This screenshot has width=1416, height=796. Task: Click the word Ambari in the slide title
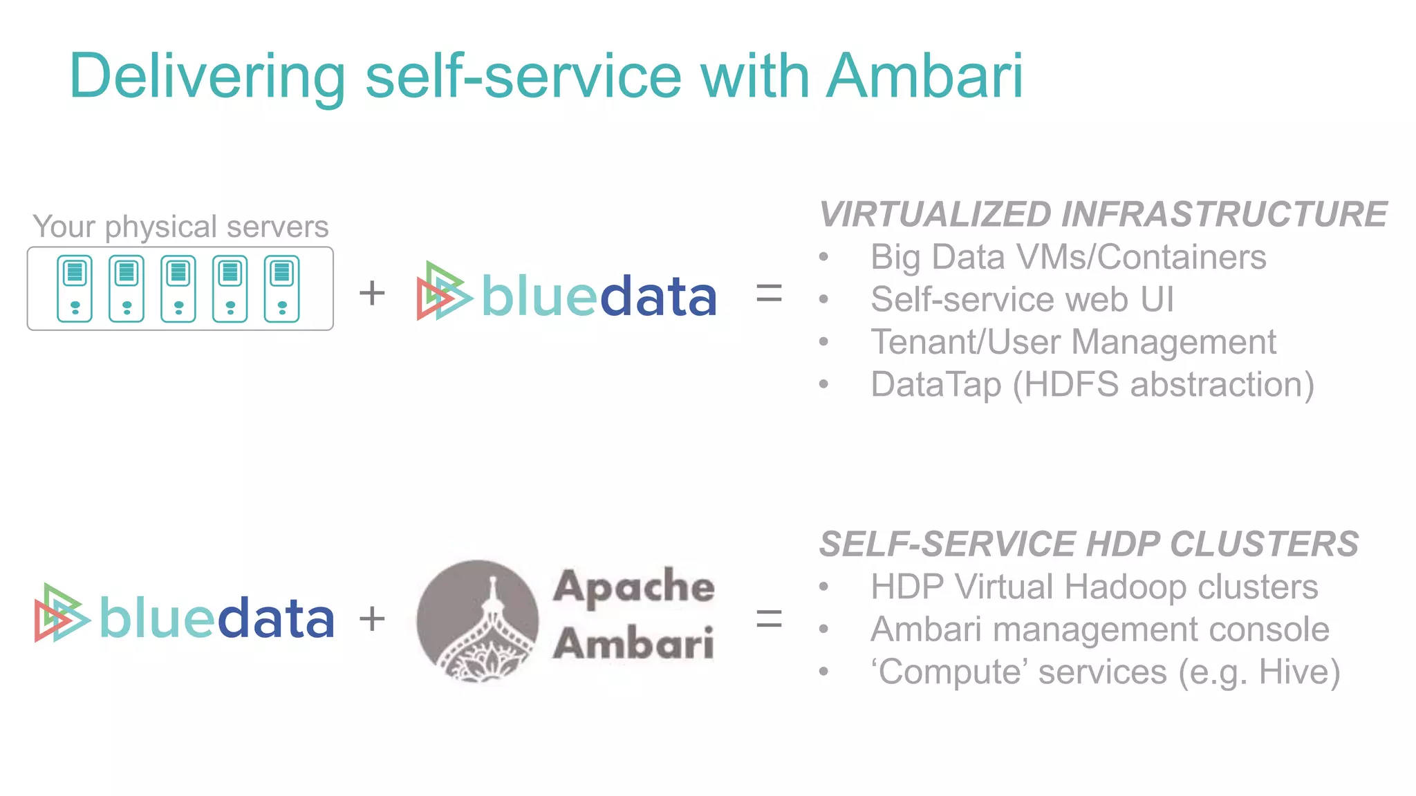(924, 76)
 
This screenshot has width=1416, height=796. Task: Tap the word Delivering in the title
(207, 77)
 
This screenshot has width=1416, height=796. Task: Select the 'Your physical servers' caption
(180, 227)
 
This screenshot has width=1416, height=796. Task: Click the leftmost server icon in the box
(75, 289)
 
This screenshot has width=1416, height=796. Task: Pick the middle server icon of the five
(178, 289)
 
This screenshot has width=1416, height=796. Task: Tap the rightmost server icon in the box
(282, 289)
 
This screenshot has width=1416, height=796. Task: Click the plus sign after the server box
(372, 293)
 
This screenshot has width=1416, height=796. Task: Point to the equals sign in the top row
(769, 294)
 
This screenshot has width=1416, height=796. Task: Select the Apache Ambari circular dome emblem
(478, 620)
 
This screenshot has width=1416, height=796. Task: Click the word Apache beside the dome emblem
(633, 587)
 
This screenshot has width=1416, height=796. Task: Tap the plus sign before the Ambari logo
(372, 618)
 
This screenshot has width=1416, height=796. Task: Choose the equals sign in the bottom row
(769, 618)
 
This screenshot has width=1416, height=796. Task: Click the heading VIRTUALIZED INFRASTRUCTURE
(1103, 214)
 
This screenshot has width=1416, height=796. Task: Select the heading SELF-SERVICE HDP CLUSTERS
(1089, 544)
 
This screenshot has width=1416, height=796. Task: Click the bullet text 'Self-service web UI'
(1022, 300)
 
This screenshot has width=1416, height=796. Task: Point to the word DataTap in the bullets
(935, 385)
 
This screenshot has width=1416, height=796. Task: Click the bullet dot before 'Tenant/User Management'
(823, 342)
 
